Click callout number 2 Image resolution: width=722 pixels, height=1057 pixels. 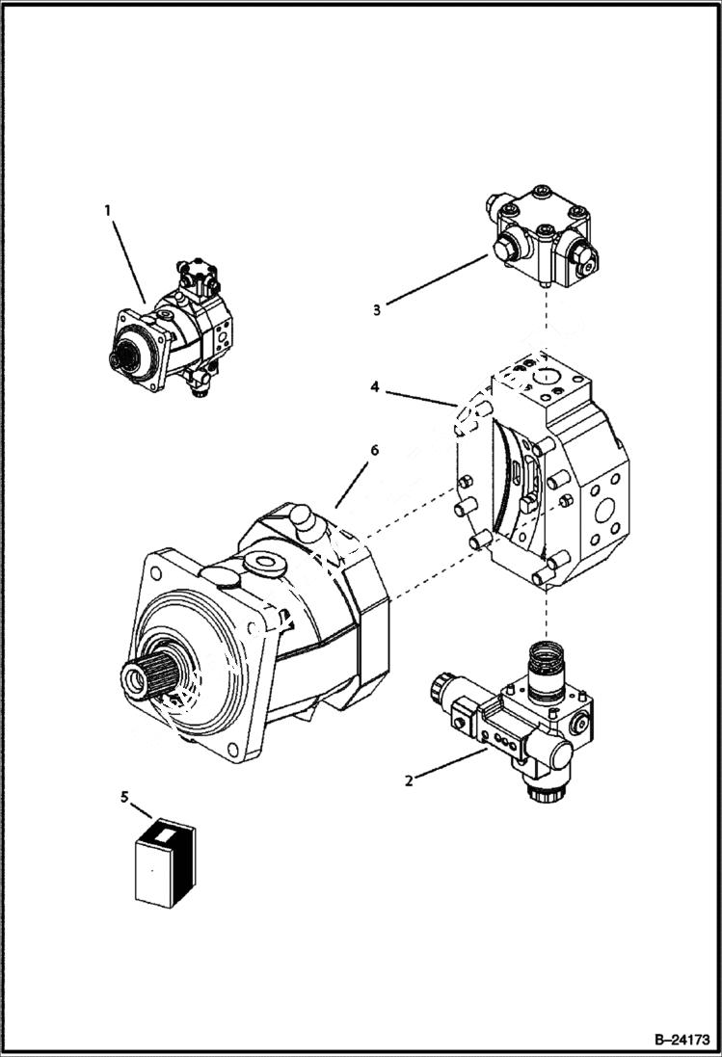click(x=409, y=780)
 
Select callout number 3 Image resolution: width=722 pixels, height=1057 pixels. click(x=377, y=309)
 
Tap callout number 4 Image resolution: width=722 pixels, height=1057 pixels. click(x=374, y=387)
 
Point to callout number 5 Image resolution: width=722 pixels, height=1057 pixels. click(x=123, y=796)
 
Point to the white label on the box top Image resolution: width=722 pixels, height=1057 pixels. click(x=164, y=830)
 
